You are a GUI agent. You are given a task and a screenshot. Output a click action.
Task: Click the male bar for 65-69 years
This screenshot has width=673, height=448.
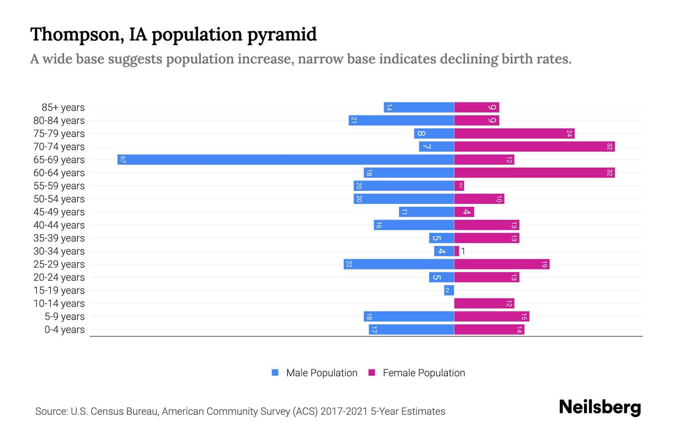(x=286, y=160)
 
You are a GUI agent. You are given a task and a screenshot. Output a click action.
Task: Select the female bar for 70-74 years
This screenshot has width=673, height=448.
(x=534, y=147)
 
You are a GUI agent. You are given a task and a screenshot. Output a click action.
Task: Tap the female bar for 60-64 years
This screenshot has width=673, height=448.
(x=534, y=173)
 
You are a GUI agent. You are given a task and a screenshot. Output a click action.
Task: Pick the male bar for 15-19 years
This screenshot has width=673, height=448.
(x=449, y=290)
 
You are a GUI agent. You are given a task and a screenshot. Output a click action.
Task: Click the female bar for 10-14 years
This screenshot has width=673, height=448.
(x=484, y=304)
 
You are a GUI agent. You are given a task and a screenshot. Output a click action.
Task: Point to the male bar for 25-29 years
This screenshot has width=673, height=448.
(x=399, y=264)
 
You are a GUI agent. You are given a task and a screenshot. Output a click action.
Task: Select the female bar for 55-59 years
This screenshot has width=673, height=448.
(x=459, y=186)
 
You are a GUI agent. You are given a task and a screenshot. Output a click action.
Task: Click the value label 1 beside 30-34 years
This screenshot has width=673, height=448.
(x=463, y=251)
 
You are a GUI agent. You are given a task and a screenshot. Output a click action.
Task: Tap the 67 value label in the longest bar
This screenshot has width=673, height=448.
(x=123, y=160)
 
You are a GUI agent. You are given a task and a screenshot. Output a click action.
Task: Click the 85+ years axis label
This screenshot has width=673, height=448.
(x=63, y=108)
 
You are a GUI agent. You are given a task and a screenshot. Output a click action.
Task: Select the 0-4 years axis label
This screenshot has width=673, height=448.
(x=64, y=330)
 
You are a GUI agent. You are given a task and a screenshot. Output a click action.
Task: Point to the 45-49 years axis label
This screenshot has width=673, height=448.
(x=59, y=212)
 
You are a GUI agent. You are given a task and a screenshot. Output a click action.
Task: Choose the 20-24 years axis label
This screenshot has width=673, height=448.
(x=59, y=277)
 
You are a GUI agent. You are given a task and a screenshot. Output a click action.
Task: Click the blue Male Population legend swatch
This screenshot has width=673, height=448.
(x=275, y=373)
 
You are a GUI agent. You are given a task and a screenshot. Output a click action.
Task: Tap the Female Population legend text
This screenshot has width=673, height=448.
(x=424, y=373)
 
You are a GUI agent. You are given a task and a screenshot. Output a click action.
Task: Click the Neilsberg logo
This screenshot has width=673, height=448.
(x=600, y=407)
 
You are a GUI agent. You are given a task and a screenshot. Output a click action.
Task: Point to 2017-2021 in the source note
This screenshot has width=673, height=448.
(x=344, y=411)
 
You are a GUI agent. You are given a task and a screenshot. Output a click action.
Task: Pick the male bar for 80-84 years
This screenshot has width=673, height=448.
(x=401, y=121)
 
